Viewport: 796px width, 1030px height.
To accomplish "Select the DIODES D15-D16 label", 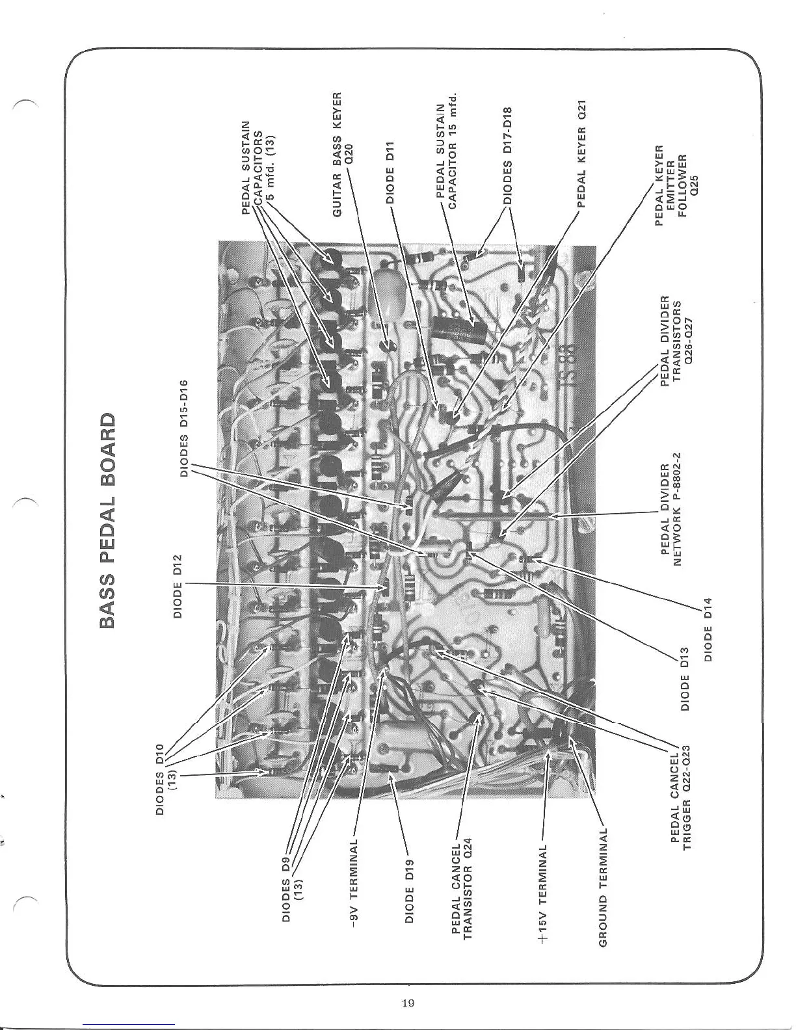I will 184,429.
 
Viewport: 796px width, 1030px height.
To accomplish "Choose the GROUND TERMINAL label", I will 603,887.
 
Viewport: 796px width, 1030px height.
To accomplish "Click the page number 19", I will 409,1002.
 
